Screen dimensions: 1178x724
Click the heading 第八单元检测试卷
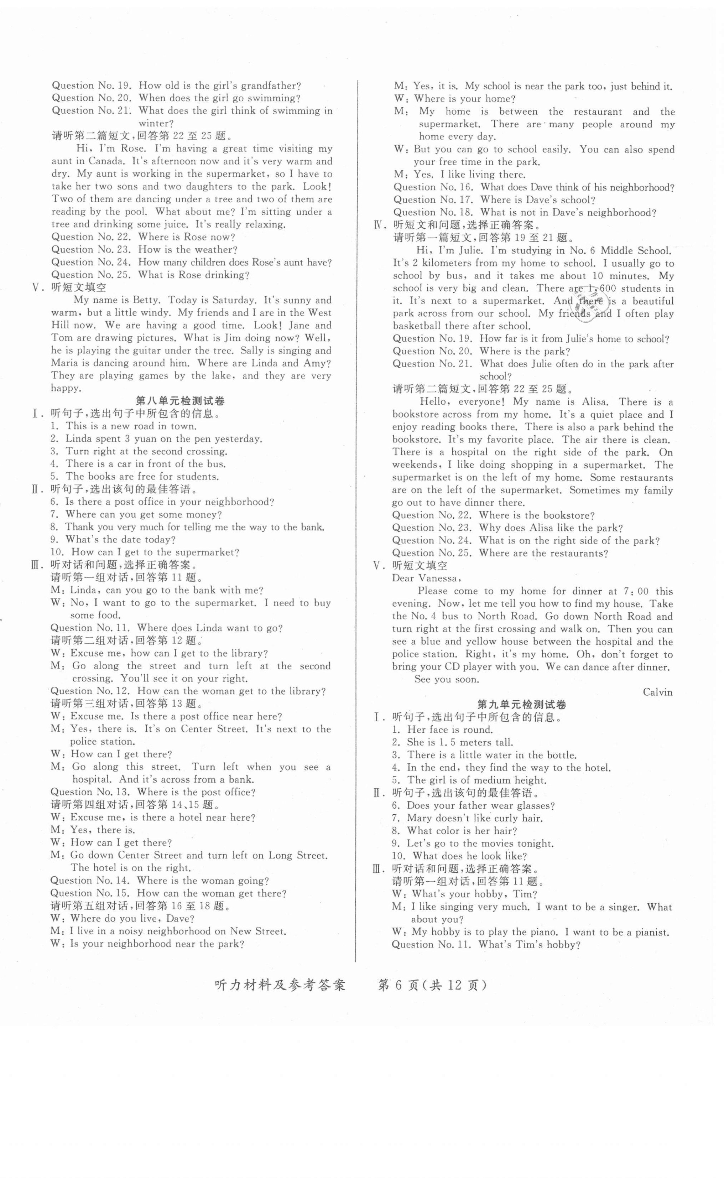point(181,401)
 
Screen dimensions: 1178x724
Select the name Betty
point(146,300)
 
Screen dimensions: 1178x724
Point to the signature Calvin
point(657,692)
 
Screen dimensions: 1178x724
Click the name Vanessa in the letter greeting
point(438,578)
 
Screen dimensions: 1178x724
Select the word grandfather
point(271,86)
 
